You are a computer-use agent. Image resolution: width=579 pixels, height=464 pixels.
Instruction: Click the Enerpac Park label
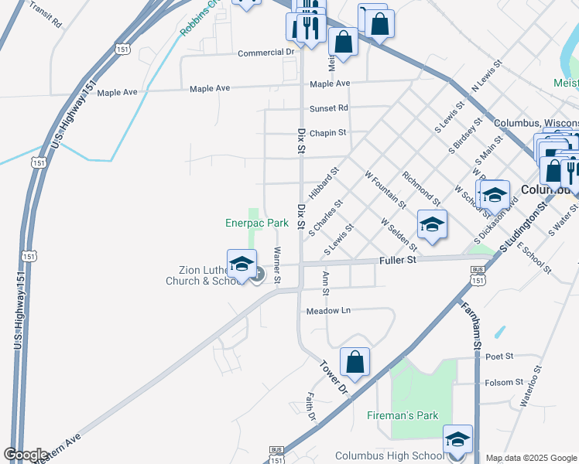(257, 223)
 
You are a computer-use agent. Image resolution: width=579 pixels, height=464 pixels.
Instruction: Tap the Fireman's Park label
(403, 415)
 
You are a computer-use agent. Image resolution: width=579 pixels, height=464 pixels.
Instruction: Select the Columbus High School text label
(389, 455)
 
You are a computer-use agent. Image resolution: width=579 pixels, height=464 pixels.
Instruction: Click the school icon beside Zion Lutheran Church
(242, 264)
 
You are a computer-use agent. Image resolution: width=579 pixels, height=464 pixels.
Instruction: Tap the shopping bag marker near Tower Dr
(355, 362)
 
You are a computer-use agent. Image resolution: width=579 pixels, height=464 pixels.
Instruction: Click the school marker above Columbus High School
(457, 439)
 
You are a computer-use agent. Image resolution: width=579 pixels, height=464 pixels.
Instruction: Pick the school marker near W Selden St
(432, 225)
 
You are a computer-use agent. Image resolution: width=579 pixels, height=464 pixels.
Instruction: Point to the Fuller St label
(399, 261)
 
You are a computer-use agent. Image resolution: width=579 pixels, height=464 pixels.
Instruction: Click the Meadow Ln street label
(328, 310)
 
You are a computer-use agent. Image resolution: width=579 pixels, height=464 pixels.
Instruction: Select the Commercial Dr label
(267, 53)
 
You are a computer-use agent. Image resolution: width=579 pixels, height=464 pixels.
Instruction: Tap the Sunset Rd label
(328, 108)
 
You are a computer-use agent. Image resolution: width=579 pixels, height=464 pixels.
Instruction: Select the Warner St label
(278, 264)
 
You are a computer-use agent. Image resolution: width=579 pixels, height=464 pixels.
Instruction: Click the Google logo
(26, 455)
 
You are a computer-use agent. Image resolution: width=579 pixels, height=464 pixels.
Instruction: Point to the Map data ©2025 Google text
(530, 458)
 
